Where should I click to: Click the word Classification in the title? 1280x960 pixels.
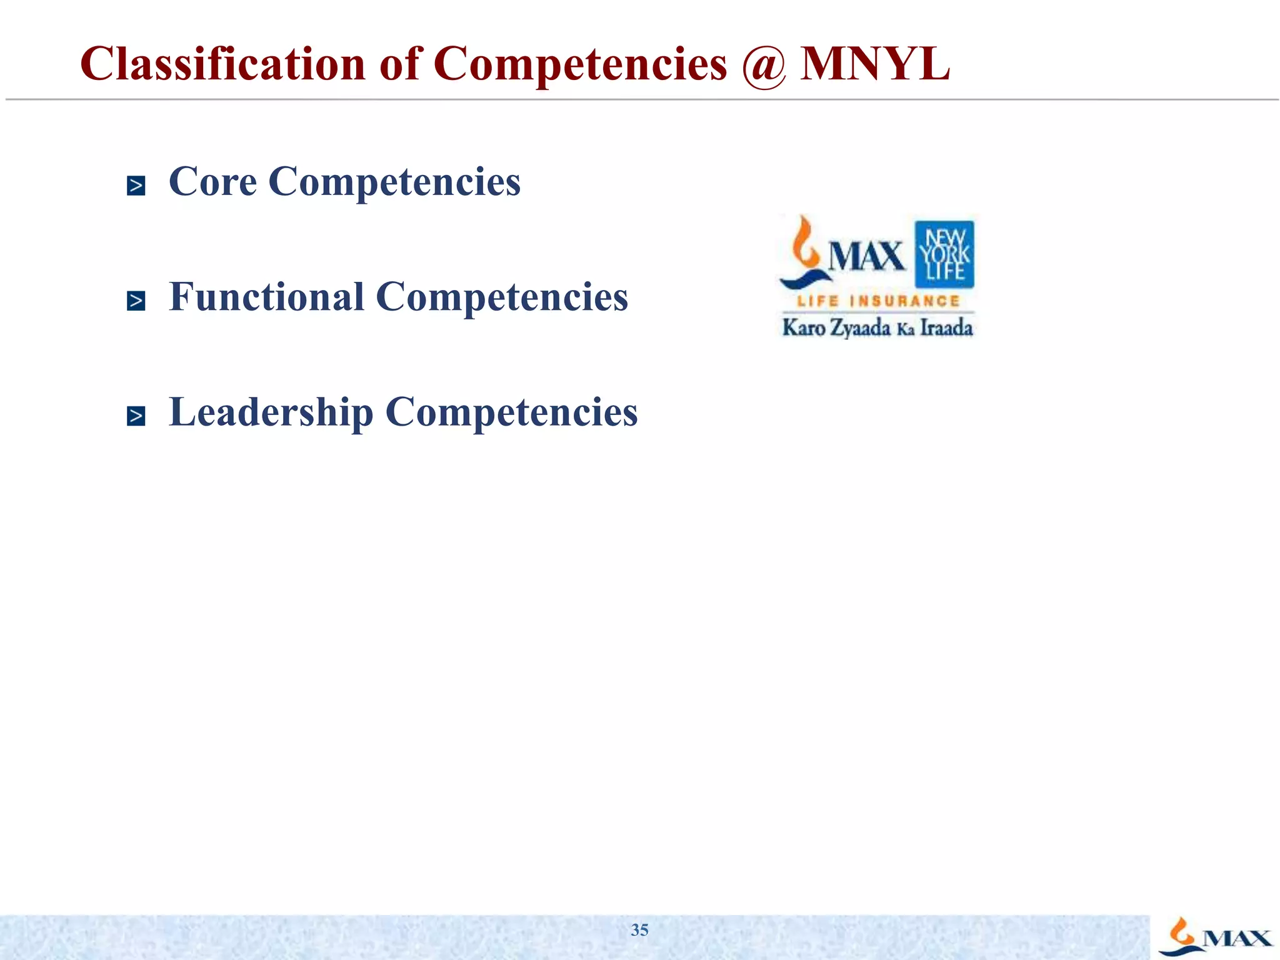(x=222, y=64)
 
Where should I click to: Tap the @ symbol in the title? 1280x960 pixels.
(x=763, y=65)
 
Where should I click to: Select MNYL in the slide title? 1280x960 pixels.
(x=874, y=64)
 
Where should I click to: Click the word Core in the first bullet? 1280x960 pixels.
(x=212, y=182)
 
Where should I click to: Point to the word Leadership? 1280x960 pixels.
(x=271, y=413)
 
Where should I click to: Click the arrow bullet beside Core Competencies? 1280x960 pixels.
(x=136, y=186)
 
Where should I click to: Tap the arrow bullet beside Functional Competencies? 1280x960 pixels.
(x=136, y=301)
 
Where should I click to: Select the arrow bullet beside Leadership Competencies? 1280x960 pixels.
(x=136, y=416)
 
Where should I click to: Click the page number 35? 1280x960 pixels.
(x=639, y=930)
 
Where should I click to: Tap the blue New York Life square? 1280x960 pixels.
(x=944, y=254)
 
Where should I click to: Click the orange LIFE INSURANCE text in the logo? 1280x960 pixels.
(x=877, y=301)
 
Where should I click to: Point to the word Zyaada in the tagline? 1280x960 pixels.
(x=860, y=328)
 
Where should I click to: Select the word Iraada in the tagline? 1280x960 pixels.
(x=946, y=327)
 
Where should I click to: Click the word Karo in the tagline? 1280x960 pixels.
(x=804, y=327)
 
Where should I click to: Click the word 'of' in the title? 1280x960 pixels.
(x=399, y=64)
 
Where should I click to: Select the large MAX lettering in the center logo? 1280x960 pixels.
(x=866, y=256)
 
